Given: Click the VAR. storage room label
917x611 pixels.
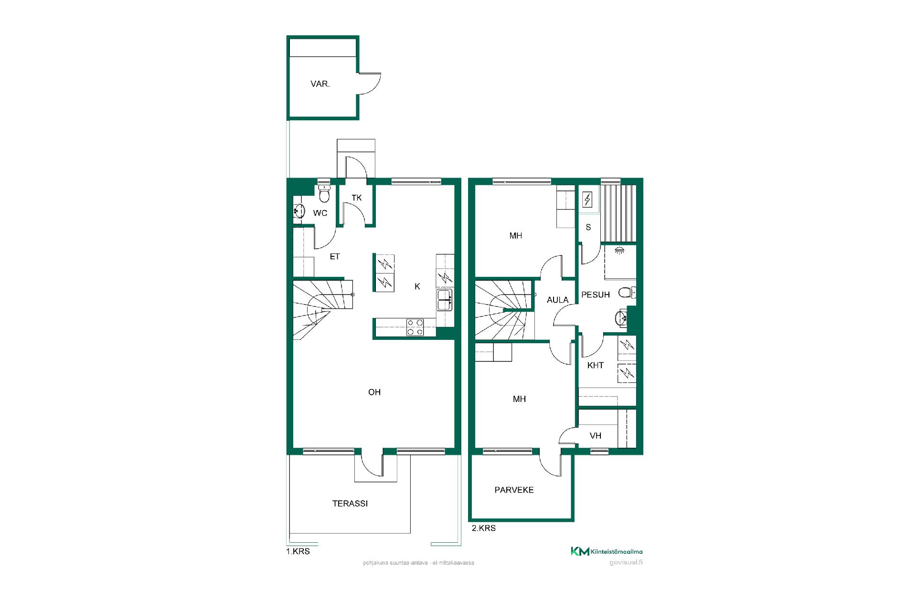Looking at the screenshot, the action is tap(320, 84).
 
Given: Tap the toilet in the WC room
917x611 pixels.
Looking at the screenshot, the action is tap(324, 194).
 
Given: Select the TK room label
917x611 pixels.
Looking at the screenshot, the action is tap(357, 198).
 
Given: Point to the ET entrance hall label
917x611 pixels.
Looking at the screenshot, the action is tap(335, 257).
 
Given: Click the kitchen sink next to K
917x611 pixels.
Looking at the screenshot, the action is tap(444, 300).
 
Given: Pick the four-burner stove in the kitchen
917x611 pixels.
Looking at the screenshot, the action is tap(415, 327).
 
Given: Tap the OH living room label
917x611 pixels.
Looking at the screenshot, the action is tap(374, 392).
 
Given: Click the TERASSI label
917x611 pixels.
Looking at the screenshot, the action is tap(350, 504).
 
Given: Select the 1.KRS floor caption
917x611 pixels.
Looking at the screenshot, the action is tap(298, 552).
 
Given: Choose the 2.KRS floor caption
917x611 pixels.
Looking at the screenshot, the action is tap(484, 528).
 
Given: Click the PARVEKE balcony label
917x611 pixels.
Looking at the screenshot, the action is tap(514, 490).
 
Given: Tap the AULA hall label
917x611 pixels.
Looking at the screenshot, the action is tap(558, 300).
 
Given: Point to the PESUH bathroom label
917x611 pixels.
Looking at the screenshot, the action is tap(596, 295).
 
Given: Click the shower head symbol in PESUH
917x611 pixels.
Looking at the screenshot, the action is tap(619, 250).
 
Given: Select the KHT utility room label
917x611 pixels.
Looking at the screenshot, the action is tap(596, 366).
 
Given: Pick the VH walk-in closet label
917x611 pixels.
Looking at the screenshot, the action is tap(596, 436).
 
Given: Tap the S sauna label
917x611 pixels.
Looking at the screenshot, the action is tap(588, 228).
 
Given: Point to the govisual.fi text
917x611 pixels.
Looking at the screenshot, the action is tap(626, 562).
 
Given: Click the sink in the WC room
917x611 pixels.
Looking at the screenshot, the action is tap(299, 211).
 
